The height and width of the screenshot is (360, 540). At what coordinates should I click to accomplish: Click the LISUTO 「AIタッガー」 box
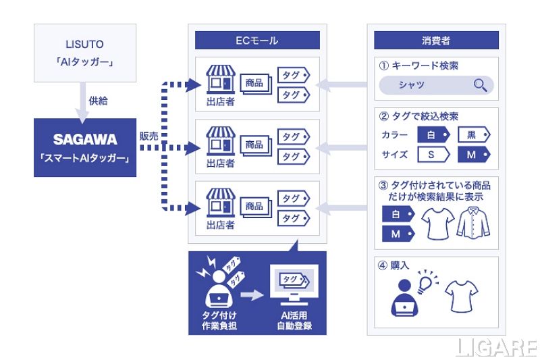pyautogui.click(x=84, y=53)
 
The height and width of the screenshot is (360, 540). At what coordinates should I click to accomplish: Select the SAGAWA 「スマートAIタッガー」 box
pyautogui.click(x=84, y=147)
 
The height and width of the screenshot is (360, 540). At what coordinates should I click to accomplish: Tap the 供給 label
pyautogui.click(x=98, y=101)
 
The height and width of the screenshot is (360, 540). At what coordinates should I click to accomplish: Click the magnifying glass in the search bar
pyautogui.click(x=481, y=85)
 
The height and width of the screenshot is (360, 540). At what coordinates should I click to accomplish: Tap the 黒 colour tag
pyautogui.click(x=472, y=134)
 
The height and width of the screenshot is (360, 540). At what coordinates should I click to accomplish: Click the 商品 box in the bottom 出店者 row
pyautogui.click(x=254, y=205)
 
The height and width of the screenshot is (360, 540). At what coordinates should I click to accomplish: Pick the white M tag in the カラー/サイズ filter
pyautogui.click(x=472, y=155)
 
